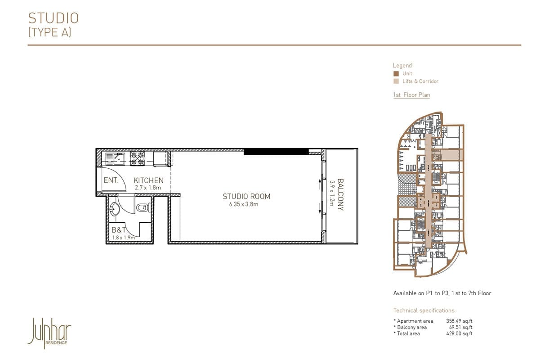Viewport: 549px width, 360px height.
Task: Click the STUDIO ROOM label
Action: pyautogui.click(x=246, y=196)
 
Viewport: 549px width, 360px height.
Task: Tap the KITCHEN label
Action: pyautogui.click(x=148, y=180)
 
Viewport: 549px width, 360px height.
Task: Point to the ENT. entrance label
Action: pyautogui.click(x=111, y=180)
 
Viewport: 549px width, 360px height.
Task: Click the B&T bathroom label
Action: pyautogui.click(x=119, y=229)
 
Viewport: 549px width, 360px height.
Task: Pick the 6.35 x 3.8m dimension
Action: pyautogui.click(x=244, y=204)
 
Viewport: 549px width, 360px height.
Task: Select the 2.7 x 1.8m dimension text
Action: pyautogui.click(x=147, y=187)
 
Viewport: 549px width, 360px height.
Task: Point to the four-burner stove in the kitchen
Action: pyautogui.click(x=138, y=157)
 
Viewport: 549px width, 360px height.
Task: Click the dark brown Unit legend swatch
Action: pyautogui.click(x=396, y=73)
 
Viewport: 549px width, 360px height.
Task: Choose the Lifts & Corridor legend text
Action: pyautogui.click(x=420, y=81)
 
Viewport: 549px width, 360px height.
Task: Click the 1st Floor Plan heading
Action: pyautogui.click(x=411, y=95)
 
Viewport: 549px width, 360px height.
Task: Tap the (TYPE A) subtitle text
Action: pyautogui.click(x=49, y=32)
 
